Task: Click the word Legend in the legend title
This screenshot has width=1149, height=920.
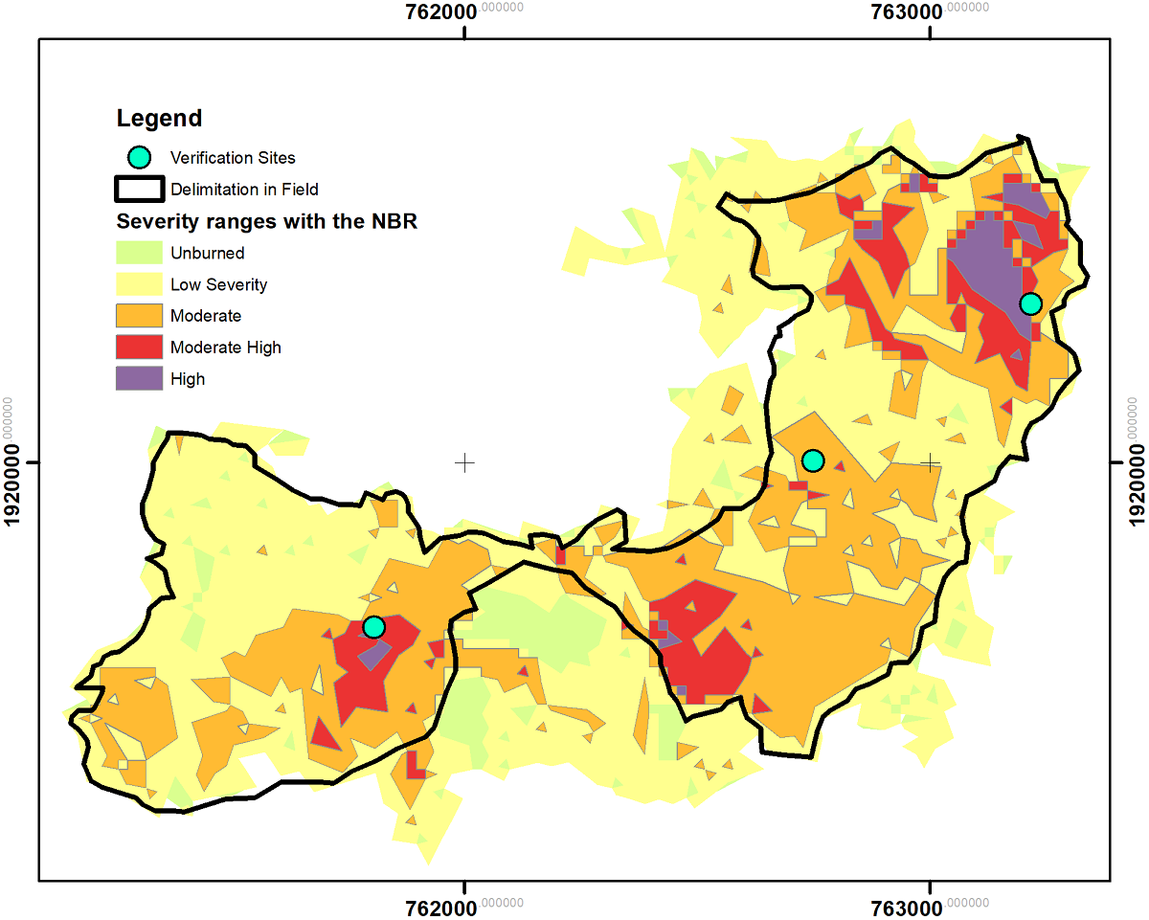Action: coord(159,119)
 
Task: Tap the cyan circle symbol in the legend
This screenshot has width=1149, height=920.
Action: coord(140,157)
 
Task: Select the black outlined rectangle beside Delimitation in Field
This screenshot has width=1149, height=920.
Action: coord(140,189)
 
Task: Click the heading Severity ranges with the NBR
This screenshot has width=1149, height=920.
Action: coord(266,222)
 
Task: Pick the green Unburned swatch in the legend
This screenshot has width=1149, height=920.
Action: coord(140,253)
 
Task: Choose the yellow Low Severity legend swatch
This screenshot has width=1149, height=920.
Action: coord(140,284)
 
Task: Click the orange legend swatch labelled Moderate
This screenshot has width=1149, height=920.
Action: coord(140,316)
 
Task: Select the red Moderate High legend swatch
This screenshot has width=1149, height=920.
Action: coord(140,348)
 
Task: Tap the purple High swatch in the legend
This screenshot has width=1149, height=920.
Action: coord(140,379)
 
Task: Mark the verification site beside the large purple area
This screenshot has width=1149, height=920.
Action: coord(1030,303)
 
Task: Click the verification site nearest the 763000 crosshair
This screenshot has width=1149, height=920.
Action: coord(813,460)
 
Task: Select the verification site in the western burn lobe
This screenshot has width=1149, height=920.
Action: coord(373,627)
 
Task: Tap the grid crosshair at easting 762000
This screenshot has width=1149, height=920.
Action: coord(464,462)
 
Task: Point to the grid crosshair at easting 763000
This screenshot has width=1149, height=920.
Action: coord(930,462)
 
